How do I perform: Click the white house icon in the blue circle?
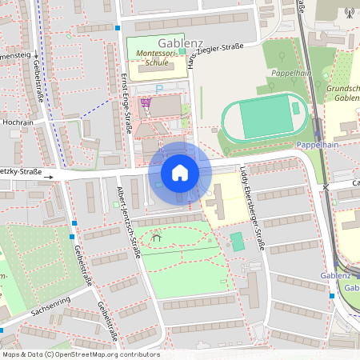click(180, 173)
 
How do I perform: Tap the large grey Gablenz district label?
click(181, 42)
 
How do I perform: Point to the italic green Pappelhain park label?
click(290, 72)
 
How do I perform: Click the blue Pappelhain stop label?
click(318, 145)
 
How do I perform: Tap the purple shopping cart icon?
click(146, 102)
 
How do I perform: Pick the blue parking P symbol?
click(159, 87)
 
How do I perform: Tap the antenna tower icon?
click(348, 12)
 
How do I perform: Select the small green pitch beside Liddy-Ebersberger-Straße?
click(236, 241)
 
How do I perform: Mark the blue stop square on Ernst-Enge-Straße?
click(118, 27)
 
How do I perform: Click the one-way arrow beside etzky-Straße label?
click(49, 177)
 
